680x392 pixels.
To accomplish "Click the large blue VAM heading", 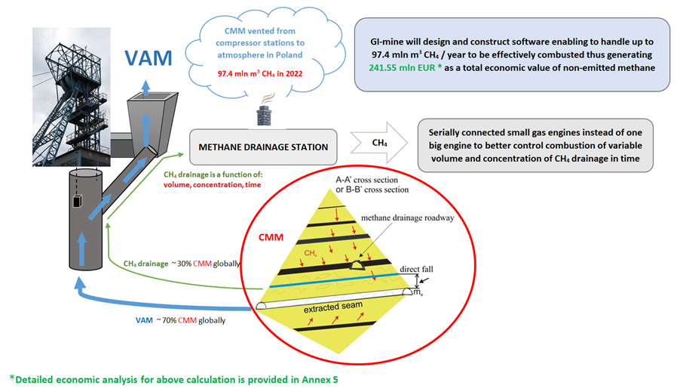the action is pyautogui.click(x=149, y=58).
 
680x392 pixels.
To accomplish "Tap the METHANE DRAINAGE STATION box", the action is pyautogui.click(x=263, y=147).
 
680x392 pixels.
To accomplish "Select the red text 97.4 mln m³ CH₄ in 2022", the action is pyautogui.click(x=260, y=73).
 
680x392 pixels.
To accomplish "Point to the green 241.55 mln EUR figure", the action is pyautogui.click(x=402, y=68).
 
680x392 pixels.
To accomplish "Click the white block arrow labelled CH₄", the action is pyautogui.click(x=379, y=143).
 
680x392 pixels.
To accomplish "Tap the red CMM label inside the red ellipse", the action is pyautogui.click(x=271, y=237).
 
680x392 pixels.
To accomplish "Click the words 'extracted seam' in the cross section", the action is pyautogui.click(x=333, y=307).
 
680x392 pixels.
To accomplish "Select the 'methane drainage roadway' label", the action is pyautogui.click(x=408, y=218).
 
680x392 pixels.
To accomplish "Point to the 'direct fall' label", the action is pyautogui.click(x=416, y=269).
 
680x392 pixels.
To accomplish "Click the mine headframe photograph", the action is pyautogui.click(x=72, y=97).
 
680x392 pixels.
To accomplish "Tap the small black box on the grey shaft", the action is pyautogui.click(x=77, y=202).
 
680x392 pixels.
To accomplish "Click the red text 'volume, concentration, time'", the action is pyautogui.click(x=212, y=185).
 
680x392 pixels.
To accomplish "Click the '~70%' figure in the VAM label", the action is pyautogui.click(x=167, y=320).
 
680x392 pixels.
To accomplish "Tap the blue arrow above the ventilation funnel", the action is pyautogui.click(x=145, y=88).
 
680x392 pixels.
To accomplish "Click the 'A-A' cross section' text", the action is pyautogui.click(x=367, y=180).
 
